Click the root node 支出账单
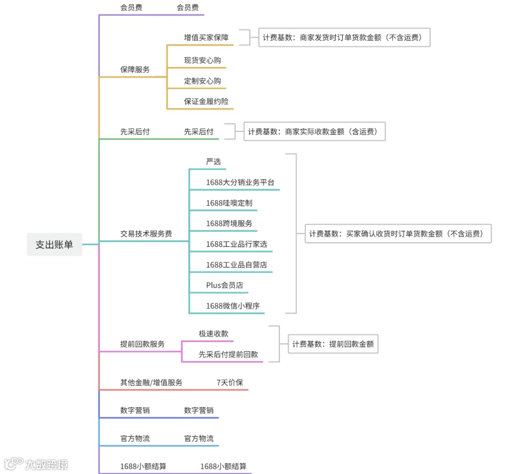pos(54,245)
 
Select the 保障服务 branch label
pos(135,69)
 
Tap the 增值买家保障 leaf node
pos(206,37)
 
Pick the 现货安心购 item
pos(202,61)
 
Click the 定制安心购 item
pos(202,81)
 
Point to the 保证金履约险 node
pos(206,101)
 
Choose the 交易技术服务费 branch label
pos(146,234)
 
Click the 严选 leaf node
pos(214,161)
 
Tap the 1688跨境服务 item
pos(229,223)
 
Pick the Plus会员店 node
pos(225,285)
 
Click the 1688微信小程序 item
pos(233,306)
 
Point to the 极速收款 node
pos(214,333)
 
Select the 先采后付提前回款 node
pos(229,354)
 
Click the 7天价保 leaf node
pos(230,382)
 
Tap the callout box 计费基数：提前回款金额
pos(333,344)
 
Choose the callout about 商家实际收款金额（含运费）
pos(314,131)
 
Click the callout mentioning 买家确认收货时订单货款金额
pos(398,234)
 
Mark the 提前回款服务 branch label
pos(142,344)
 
